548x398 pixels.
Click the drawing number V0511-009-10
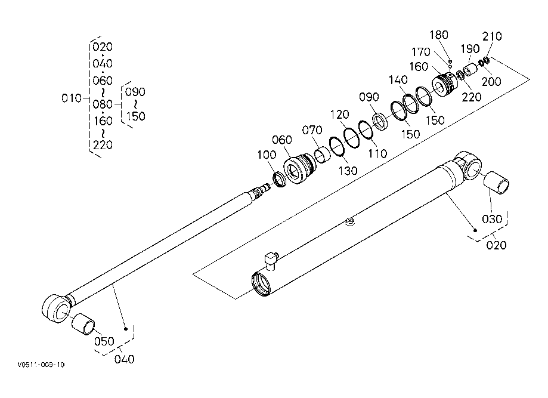pos(41,365)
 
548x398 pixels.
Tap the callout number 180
pos(439,35)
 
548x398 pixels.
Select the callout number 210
pos(492,36)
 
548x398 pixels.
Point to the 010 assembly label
pos(72,98)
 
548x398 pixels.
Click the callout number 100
pos(267,155)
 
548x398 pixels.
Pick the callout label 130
pos(348,171)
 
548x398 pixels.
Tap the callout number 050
pos(104,341)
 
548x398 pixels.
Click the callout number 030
pos(492,219)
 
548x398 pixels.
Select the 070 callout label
pos(312,130)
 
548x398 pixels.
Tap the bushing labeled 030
pos(496,183)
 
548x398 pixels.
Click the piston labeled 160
pos(445,84)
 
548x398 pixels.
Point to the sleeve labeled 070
pos(323,155)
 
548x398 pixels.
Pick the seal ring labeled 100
pos(280,179)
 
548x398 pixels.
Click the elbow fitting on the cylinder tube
pos(271,261)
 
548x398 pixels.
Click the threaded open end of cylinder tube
pos(261,283)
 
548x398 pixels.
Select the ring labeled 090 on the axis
pos(380,121)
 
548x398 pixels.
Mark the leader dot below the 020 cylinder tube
pos(475,230)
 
